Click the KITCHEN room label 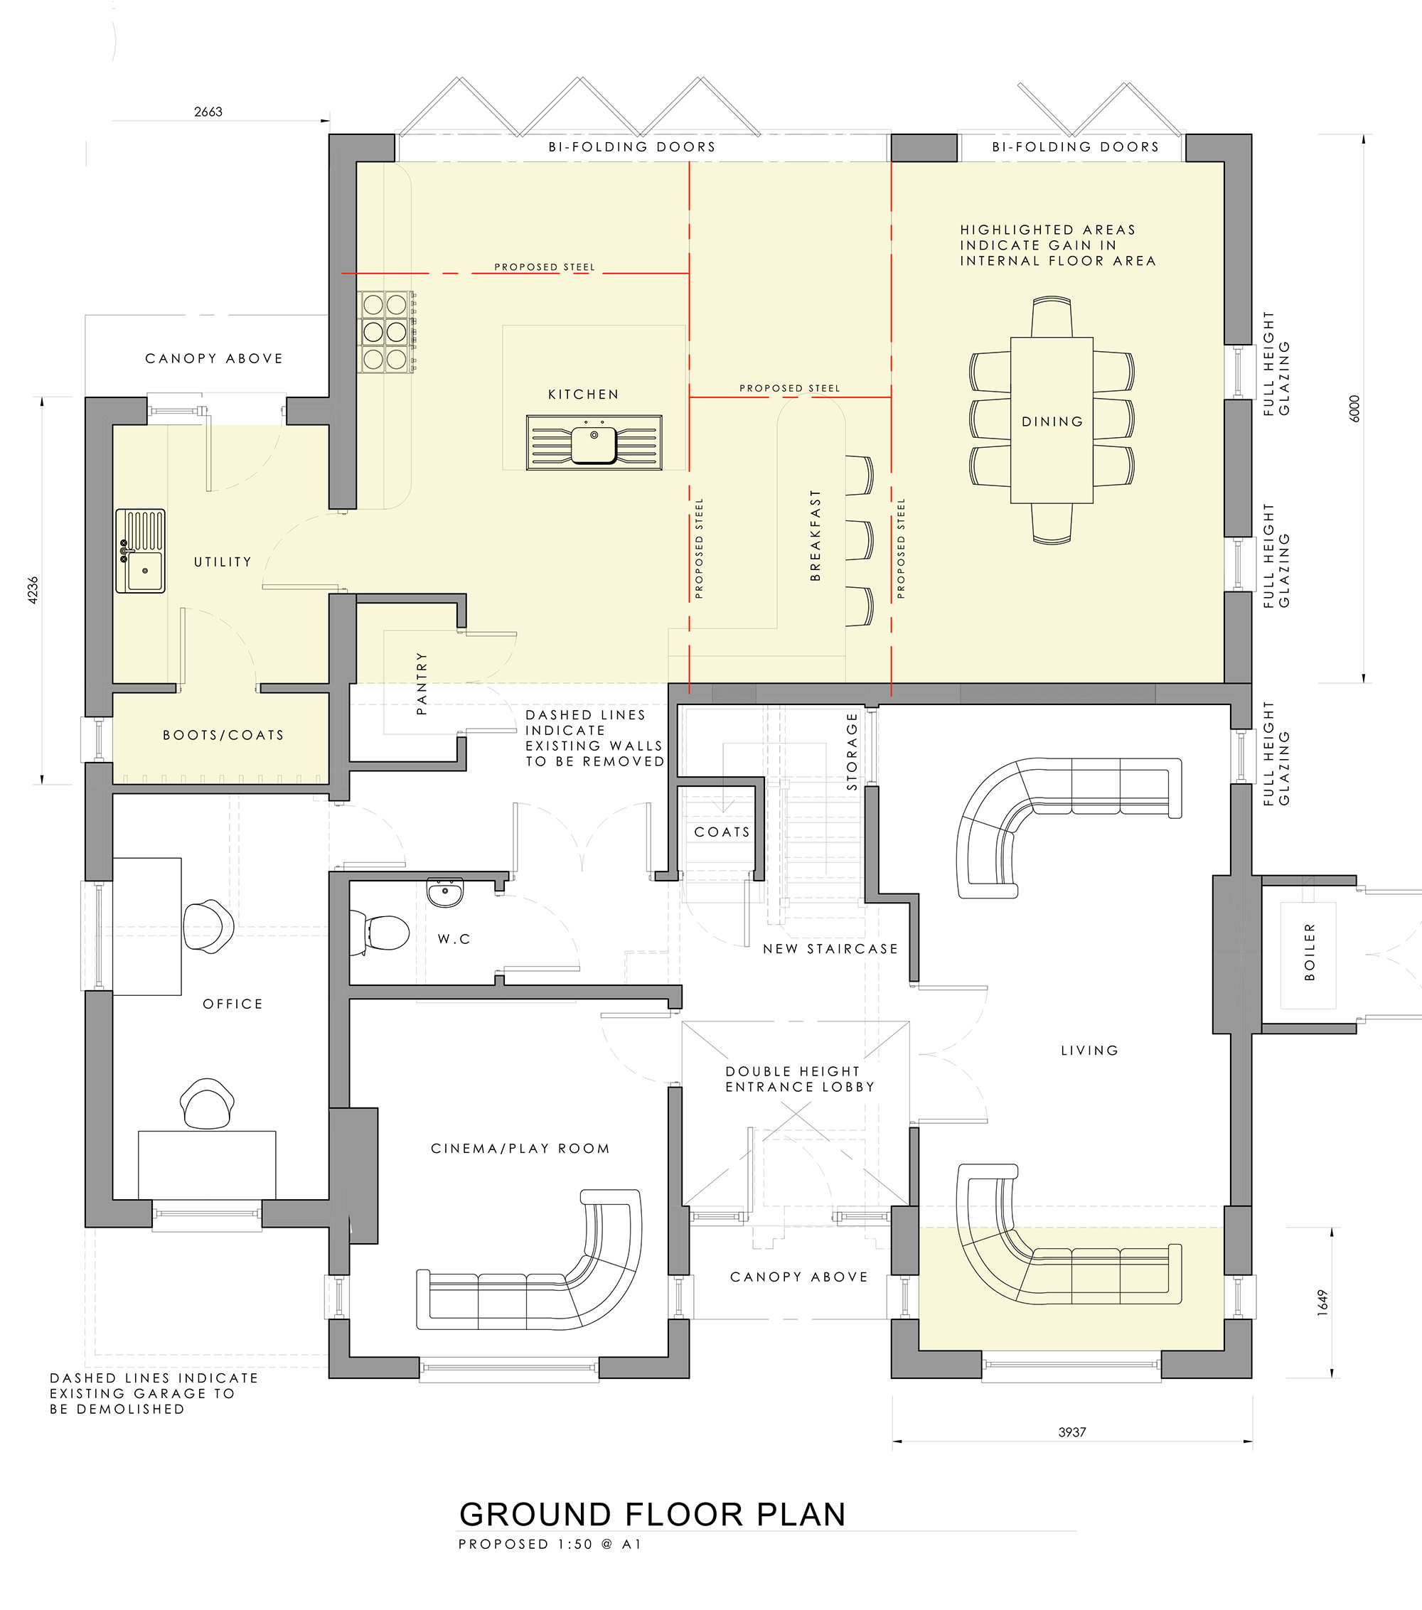point(583,394)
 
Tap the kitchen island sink point(594,443)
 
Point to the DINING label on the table point(1052,422)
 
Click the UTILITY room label point(223,562)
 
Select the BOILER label point(1310,952)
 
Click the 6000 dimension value point(1354,408)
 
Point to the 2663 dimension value point(208,112)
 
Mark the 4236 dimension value point(32,590)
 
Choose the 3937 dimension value point(1072,1433)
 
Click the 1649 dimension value point(1322,1302)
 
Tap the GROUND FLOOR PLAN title point(652,1515)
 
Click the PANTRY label point(422,683)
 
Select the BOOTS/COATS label point(223,735)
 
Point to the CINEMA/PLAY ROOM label point(520,1149)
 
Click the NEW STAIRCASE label point(830,949)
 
